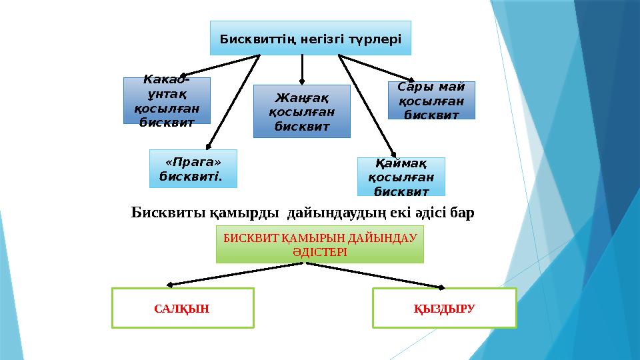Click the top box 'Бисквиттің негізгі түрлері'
click(x=310, y=38)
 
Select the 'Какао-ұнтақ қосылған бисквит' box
click(x=167, y=101)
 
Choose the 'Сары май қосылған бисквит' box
click(x=431, y=100)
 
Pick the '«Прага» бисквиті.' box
click(x=193, y=169)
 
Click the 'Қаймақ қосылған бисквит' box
click(x=401, y=177)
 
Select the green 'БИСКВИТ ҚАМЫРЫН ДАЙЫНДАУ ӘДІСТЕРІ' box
click(x=319, y=244)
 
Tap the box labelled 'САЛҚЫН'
click(x=183, y=308)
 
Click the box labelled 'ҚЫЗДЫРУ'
click(x=444, y=308)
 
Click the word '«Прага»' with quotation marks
click(x=193, y=163)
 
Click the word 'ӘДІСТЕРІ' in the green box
click(x=319, y=253)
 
